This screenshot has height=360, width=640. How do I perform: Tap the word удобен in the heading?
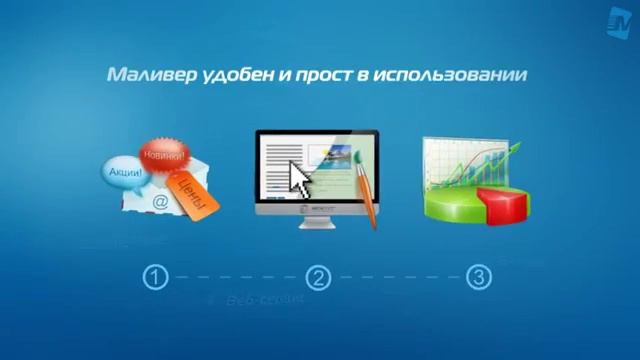(x=234, y=75)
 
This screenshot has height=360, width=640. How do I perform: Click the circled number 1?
(x=154, y=277)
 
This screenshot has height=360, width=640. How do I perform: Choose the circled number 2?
(x=317, y=277)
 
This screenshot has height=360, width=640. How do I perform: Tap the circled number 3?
(x=480, y=277)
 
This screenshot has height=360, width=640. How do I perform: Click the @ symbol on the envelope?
(x=159, y=201)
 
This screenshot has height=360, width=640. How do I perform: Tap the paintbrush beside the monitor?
(x=367, y=190)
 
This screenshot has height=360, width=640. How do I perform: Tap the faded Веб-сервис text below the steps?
(x=257, y=300)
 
